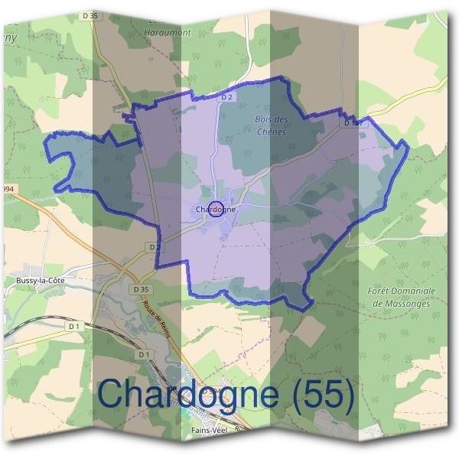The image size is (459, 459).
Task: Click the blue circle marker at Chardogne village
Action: click(x=216, y=209)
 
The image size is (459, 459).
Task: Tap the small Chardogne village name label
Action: click(x=215, y=209)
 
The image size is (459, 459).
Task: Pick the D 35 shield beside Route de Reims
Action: click(x=138, y=288)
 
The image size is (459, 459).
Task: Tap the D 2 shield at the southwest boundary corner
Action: click(x=155, y=247)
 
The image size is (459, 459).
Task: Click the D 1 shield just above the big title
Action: click(x=143, y=355)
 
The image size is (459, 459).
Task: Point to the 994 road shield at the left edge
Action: click(x=8, y=189)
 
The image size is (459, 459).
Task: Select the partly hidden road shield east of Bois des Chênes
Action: click(x=352, y=122)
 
